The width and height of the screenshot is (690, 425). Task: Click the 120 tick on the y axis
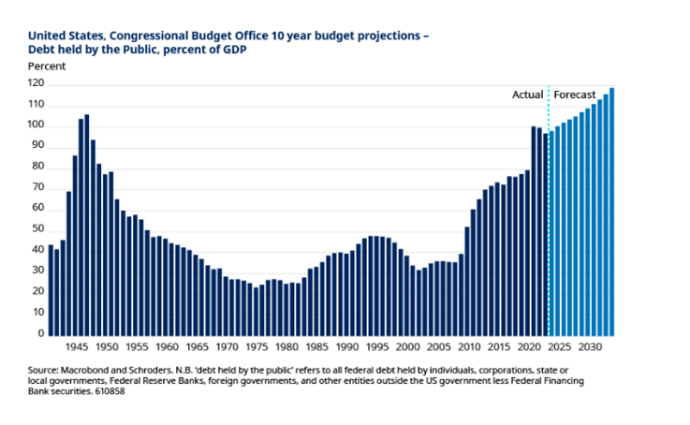coord(37,83)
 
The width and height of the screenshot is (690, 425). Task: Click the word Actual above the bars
coord(527,95)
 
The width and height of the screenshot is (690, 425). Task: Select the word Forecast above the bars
coord(576,95)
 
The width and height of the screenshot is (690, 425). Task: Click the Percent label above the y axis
coord(46,66)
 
